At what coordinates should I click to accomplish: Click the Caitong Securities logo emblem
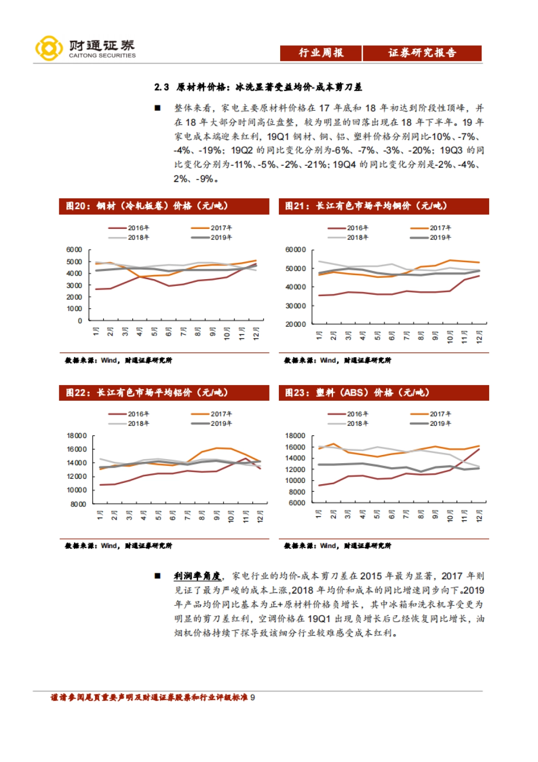point(49,48)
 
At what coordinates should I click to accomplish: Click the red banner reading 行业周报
point(321,53)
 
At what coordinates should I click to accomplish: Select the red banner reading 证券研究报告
point(422,53)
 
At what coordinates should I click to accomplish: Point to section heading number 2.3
point(161,87)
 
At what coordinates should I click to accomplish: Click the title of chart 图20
point(147,206)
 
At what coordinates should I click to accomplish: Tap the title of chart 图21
point(366,206)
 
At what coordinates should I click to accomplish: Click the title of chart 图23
point(357,393)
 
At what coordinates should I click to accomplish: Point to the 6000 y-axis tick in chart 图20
point(74,250)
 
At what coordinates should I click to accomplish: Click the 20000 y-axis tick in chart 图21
point(295,324)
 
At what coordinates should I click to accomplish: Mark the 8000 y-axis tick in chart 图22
point(78,504)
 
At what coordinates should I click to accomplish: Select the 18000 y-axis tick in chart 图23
point(295,436)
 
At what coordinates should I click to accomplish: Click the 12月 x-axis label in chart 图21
point(479,337)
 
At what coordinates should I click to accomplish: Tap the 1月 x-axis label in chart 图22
point(100,515)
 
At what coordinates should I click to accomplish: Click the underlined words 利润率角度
point(197,576)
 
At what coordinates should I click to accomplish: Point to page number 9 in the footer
point(252,697)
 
